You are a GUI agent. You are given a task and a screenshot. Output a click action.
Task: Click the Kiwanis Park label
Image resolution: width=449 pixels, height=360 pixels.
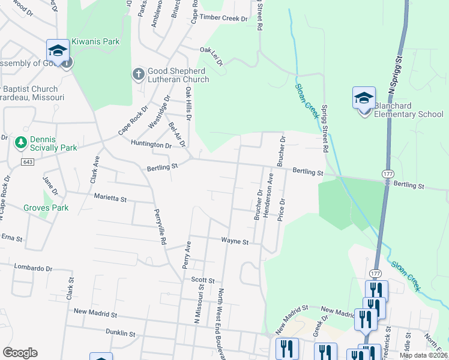click(95, 41)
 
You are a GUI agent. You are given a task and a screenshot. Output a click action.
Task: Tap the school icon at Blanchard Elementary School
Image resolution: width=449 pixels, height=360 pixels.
click(364, 97)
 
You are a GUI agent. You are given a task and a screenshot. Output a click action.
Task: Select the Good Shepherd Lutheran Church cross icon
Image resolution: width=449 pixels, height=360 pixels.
click(138, 74)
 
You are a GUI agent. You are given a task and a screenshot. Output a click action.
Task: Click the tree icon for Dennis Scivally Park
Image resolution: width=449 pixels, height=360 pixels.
click(21, 142)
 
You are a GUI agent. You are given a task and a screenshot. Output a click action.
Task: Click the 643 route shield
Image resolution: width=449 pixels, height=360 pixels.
click(27, 162)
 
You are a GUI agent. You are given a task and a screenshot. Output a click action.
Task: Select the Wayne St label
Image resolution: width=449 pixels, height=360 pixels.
click(235, 241)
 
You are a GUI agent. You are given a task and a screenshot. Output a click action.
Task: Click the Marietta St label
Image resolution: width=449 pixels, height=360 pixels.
click(110, 197)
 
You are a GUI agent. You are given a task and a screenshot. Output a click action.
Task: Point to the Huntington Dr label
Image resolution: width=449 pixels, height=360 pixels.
click(151, 145)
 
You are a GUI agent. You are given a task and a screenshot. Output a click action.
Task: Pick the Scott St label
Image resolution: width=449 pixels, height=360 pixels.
click(203, 280)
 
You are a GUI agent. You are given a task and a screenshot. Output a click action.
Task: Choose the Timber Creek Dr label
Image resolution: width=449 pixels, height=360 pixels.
click(224, 19)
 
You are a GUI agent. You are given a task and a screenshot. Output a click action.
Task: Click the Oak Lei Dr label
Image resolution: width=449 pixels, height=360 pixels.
click(211, 55)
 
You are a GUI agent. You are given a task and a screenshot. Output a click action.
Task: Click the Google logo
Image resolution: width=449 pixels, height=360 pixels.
click(20, 353)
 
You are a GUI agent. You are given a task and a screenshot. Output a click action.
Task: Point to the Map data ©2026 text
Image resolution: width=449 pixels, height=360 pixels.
click(423, 355)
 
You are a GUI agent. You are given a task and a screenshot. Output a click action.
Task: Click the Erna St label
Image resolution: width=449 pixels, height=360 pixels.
click(11, 238)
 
